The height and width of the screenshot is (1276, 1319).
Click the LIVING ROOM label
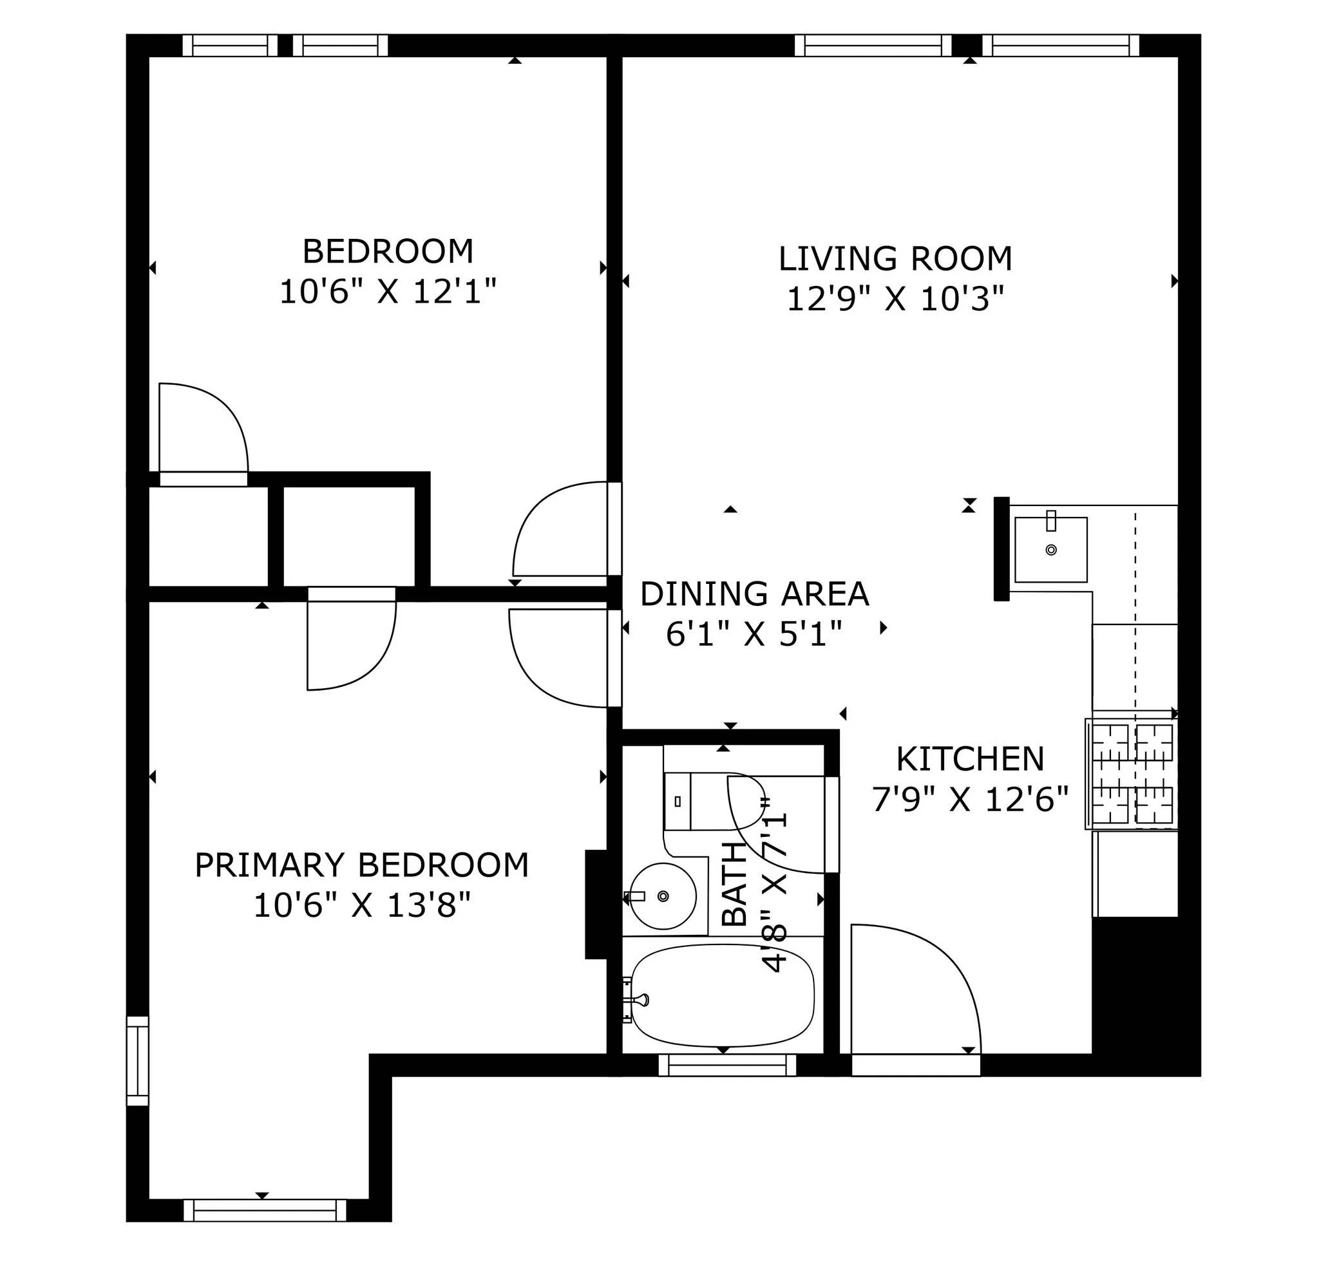coord(895,259)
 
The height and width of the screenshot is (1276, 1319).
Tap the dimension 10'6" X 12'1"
coord(388,292)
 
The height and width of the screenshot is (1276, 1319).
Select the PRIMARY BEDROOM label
coord(361,865)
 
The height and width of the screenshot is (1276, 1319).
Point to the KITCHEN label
coord(970,760)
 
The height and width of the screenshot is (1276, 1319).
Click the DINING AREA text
coord(754,594)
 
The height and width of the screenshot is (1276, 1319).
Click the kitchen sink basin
coord(1050,550)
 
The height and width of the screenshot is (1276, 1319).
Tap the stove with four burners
coord(1132,774)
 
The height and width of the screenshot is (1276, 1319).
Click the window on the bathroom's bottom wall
coord(726,1065)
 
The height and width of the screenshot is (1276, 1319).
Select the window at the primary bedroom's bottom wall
coord(265,1211)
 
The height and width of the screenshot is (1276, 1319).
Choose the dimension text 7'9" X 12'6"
coord(970,800)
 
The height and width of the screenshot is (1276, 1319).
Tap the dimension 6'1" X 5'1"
coord(754,633)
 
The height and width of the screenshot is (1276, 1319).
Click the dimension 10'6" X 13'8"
coord(361,905)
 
